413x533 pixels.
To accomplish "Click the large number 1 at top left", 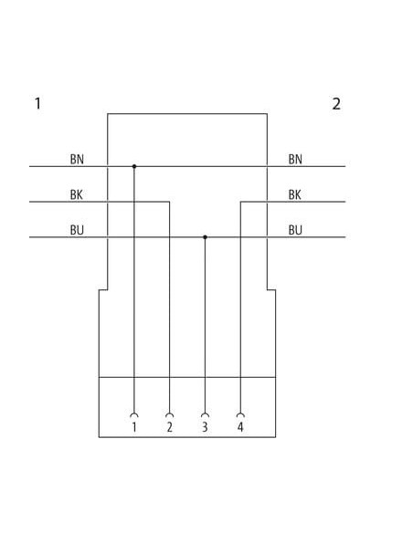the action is click(38, 103).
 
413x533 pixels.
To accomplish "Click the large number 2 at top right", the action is click(336, 104).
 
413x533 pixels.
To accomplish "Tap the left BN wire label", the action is click(77, 159).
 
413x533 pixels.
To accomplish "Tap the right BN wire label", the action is click(295, 159).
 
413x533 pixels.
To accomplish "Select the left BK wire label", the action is click(77, 194).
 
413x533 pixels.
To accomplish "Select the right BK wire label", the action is click(294, 194).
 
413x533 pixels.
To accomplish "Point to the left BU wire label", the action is click(77, 230).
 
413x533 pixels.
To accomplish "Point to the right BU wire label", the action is click(295, 230).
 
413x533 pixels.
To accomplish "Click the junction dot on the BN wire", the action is click(134, 166).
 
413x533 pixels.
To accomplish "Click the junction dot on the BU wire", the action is click(205, 237).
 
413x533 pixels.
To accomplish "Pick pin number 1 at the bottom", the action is click(134, 427).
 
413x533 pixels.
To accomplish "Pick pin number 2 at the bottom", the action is click(170, 427).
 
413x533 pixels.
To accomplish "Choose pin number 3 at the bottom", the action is click(205, 427).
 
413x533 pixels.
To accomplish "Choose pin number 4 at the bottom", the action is click(240, 427).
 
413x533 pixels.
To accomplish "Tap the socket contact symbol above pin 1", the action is click(134, 414).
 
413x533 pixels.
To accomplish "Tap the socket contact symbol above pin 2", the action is click(169, 414).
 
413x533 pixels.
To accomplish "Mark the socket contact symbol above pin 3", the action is click(205, 414).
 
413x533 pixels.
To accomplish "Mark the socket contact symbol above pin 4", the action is click(240, 414).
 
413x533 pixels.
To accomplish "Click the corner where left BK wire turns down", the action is click(169, 202).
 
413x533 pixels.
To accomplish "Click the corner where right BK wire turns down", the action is click(240, 202).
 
